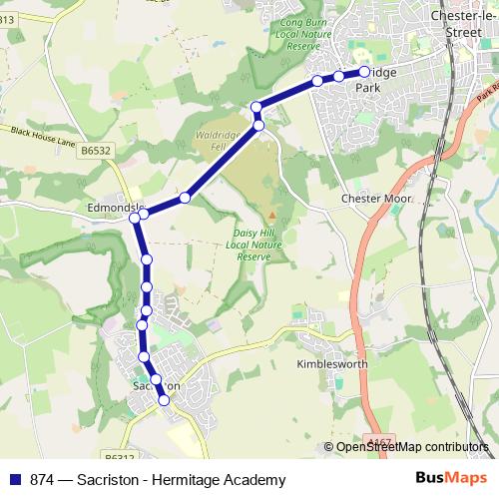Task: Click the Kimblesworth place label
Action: click(x=332, y=364)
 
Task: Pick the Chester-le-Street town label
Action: click(x=460, y=23)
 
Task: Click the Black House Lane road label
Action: click(x=44, y=137)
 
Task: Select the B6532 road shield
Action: click(x=96, y=150)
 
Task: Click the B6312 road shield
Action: click(x=120, y=458)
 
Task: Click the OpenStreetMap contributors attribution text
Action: click(x=411, y=446)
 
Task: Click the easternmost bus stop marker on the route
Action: click(x=364, y=72)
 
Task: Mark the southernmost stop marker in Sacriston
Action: click(x=165, y=400)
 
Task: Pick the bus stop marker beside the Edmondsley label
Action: click(x=144, y=213)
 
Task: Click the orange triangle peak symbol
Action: click(x=271, y=215)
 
